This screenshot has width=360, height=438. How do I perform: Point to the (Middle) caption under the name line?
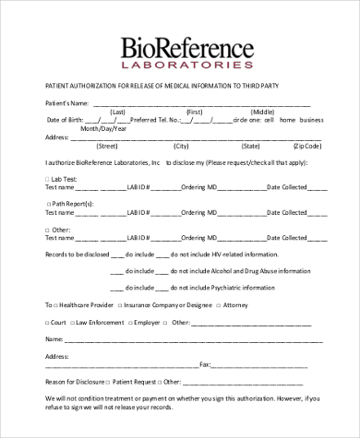tap(263, 111)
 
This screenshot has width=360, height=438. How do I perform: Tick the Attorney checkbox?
tap(219, 303)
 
